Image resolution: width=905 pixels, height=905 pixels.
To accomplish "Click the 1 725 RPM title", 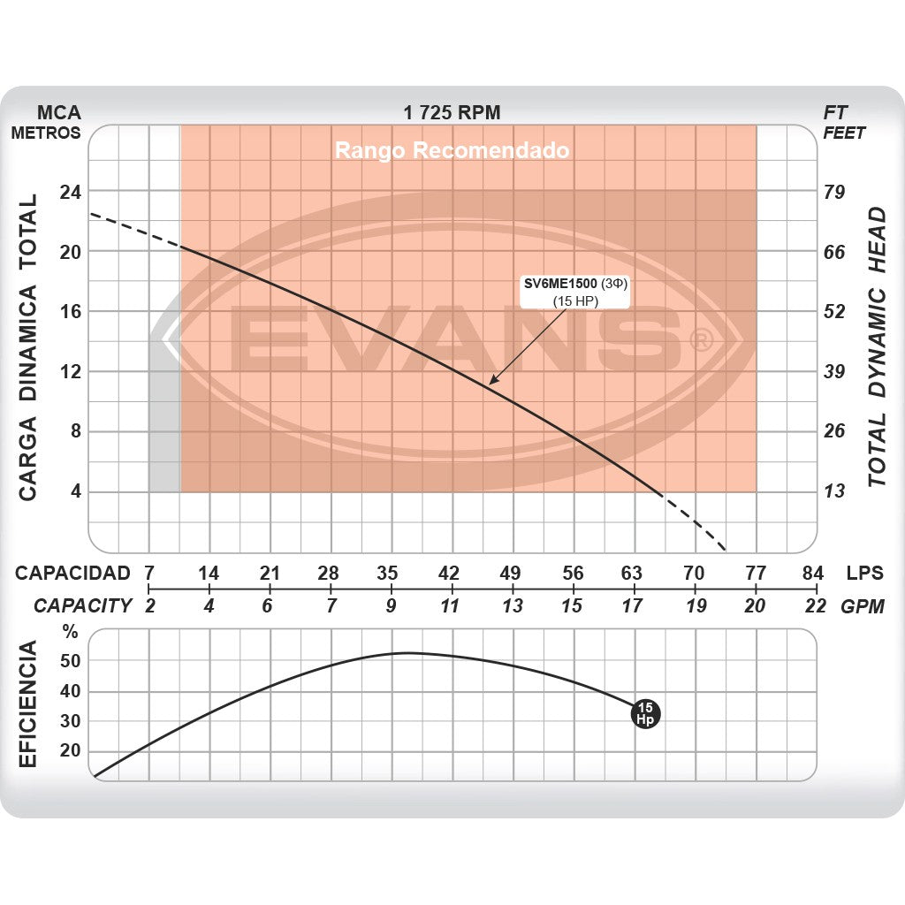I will pyautogui.click(x=452, y=112).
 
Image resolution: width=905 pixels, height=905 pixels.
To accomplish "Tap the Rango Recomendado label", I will pyautogui.click(x=452, y=150).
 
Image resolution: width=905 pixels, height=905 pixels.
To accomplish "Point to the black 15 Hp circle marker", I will pyautogui.click(x=646, y=713).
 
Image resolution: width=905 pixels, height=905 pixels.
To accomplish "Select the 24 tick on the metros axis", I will pyautogui.click(x=70, y=192).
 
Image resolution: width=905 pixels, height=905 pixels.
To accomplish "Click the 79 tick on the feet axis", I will pyautogui.click(x=834, y=192).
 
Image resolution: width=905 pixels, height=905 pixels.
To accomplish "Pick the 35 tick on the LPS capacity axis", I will pyautogui.click(x=388, y=573).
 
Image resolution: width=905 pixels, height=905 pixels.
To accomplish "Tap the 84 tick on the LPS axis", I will pyautogui.click(x=812, y=573).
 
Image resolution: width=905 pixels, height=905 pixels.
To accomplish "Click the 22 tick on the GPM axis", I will pyautogui.click(x=815, y=606).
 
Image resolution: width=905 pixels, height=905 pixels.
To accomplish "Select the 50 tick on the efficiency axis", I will pyautogui.click(x=71, y=661).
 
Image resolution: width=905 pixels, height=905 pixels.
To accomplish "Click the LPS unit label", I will pyautogui.click(x=864, y=573).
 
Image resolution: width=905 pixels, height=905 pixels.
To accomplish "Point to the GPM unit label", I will pyautogui.click(x=863, y=606).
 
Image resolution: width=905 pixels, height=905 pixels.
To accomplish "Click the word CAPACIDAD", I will pyautogui.click(x=72, y=573).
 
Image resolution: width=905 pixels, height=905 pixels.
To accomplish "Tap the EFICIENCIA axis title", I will pyautogui.click(x=28, y=705).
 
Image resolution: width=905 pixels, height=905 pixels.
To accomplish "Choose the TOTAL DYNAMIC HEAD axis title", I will pyautogui.click(x=876, y=346).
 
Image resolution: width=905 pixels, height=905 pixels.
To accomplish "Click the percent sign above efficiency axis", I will pyautogui.click(x=71, y=633).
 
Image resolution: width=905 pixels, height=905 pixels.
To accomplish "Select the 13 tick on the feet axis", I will pyautogui.click(x=834, y=491).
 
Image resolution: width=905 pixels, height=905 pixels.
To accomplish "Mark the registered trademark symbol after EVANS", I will pyautogui.click(x=701, y=340).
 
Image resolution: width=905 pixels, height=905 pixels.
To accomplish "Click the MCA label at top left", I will pyautogui.click(x=58, y=112).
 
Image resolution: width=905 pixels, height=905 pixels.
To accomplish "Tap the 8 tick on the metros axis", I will pyautogui.click(x=75, y=431).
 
